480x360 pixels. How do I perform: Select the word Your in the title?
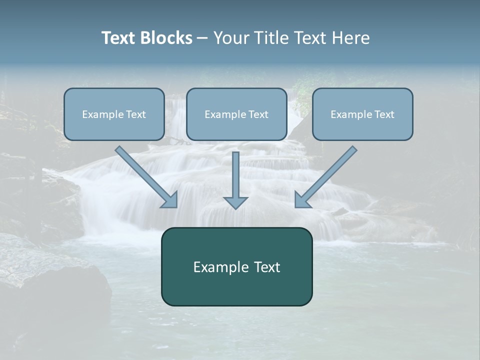[231, 38]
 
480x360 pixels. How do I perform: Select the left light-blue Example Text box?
[114, 127]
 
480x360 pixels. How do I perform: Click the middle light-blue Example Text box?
[236, 127]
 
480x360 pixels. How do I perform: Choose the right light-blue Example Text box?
[362, 127]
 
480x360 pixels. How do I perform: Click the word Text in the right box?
[384, 114]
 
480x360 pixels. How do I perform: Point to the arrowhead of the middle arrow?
[235, 202]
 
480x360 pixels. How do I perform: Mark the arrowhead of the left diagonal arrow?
[170, 199]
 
